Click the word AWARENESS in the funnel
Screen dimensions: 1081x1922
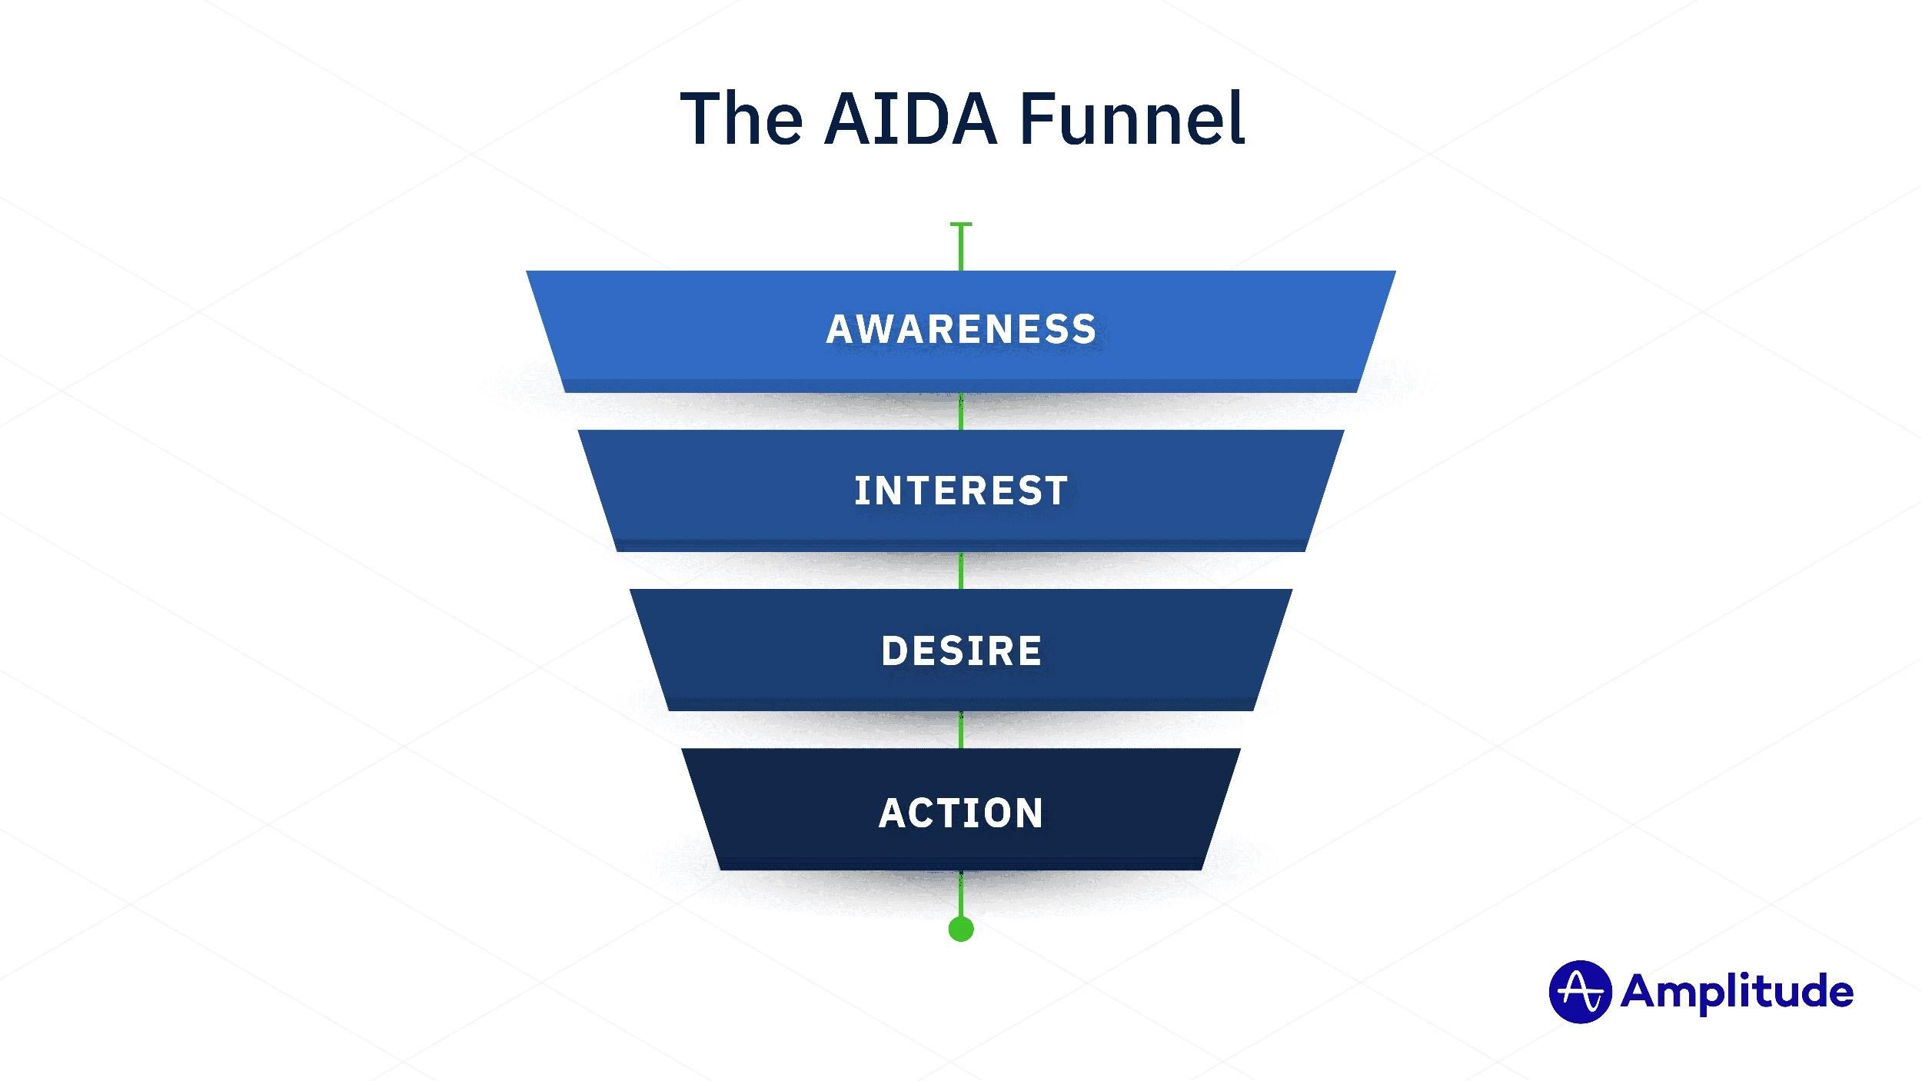pos(961,329)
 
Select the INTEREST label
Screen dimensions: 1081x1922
pos(961,491)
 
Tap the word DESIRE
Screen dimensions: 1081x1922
pos(961,650)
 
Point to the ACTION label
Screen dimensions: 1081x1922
pos(961,813)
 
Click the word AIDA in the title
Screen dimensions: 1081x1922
pos(910,119)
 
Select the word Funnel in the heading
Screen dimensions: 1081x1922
pos(1132,119)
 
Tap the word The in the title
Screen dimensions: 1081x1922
pos(742,119)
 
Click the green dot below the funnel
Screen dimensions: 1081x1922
pos(961,929)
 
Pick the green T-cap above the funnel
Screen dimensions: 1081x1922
pos(961,225)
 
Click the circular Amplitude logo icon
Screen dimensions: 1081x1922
pos(1579,992)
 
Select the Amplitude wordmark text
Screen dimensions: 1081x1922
pos(1737,992)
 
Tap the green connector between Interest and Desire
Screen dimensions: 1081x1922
pos(961,570)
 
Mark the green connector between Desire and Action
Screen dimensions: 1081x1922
pos(961,730)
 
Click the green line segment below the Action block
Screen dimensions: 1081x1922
pos(961,893)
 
